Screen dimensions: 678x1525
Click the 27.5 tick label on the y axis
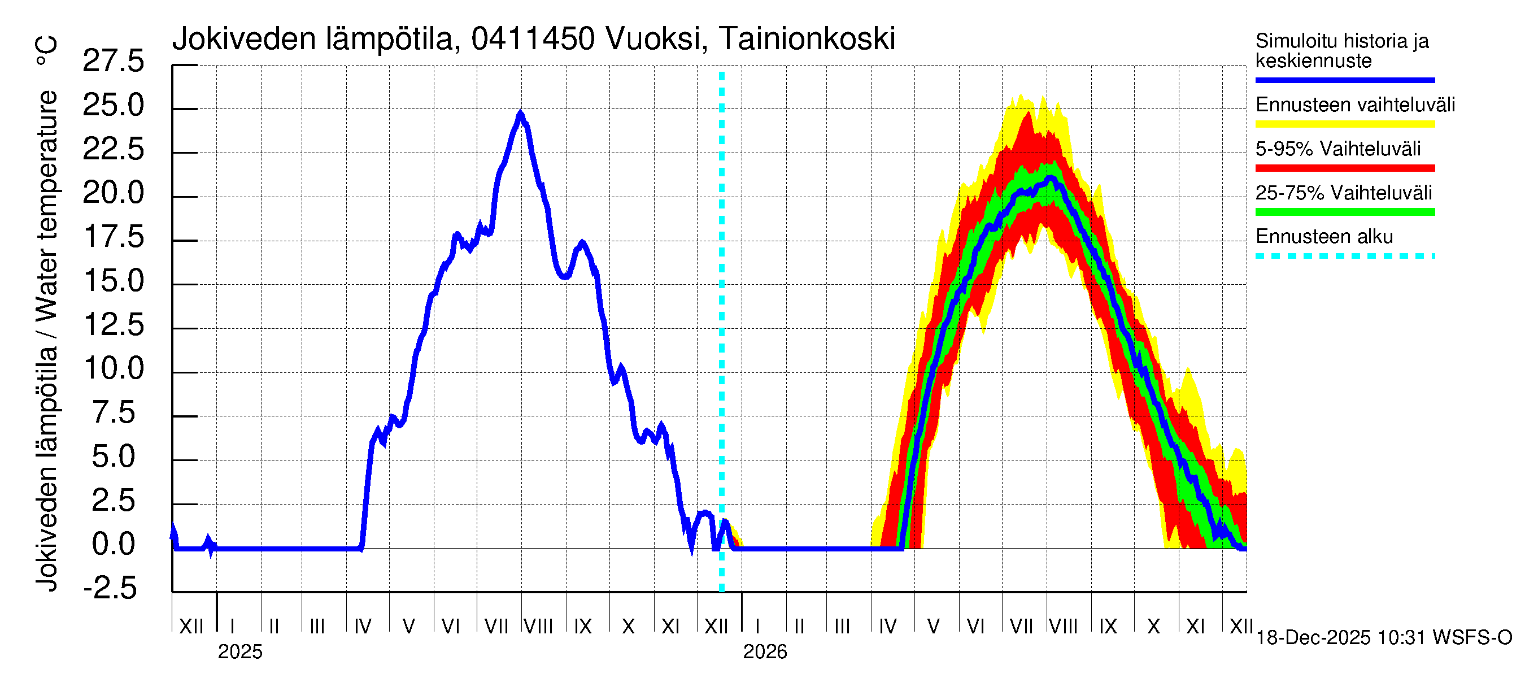point(113,61)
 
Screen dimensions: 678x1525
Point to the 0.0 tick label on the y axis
point(113,544)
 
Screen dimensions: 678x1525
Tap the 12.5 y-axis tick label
point(113,325)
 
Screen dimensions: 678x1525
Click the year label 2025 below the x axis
point(239,652)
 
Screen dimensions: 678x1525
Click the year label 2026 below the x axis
point(765,652)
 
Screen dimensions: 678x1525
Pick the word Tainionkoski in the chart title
point(807,39)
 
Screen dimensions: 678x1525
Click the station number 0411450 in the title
point(533,39)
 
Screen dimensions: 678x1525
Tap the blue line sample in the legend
point(1344,80)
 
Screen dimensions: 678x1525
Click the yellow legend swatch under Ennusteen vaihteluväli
point(1344,124)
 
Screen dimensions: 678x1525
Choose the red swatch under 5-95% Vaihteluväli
point(1344,168)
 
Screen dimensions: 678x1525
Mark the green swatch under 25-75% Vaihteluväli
point(1344,212)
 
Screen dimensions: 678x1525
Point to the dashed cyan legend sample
point(1344,257)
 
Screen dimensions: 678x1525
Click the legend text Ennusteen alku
point(1324,237)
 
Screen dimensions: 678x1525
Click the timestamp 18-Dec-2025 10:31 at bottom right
point(1341,638)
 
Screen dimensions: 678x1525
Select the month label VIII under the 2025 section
point(539,626)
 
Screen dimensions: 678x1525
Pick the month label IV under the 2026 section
point(887,626)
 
